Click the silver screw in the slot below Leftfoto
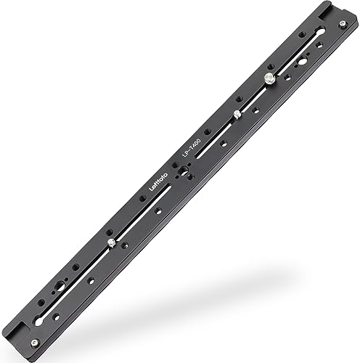pyautogui.click(x=110, y=242)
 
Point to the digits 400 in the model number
pyautogui.click(x=197, y=136)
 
